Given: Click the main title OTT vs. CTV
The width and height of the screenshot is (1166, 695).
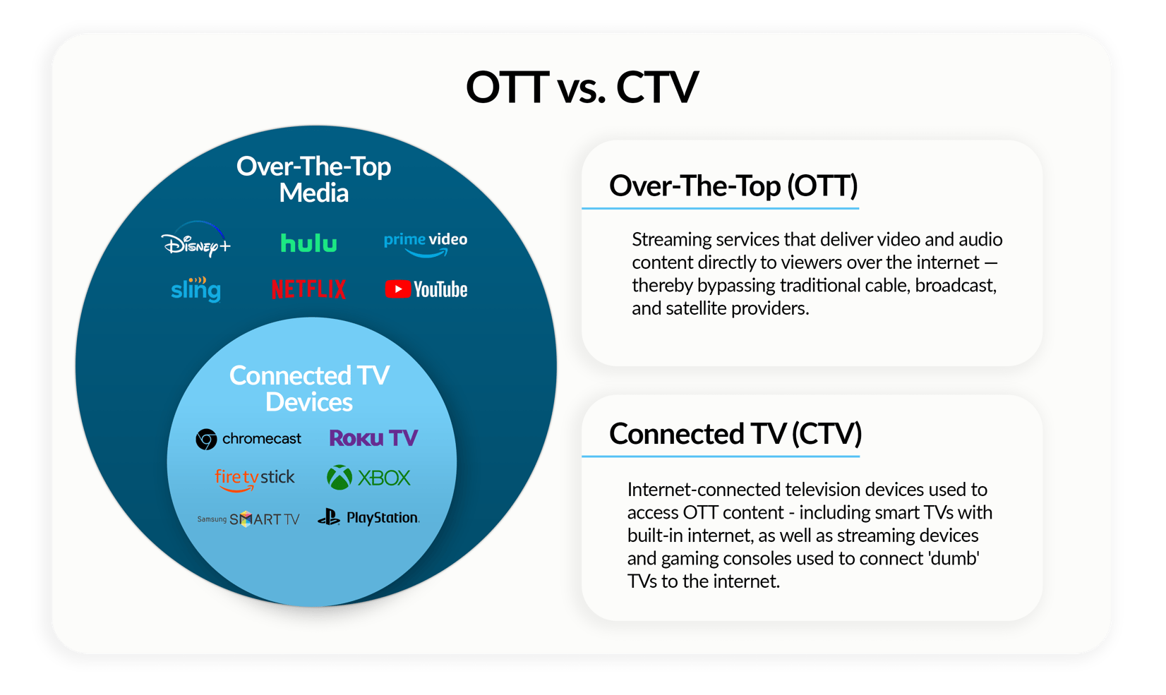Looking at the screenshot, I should point(582,87).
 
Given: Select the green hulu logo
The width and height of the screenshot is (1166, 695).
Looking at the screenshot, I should point(308,243).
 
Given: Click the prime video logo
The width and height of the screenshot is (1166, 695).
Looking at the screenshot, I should point(425,243).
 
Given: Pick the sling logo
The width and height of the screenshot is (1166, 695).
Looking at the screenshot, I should point(196,289).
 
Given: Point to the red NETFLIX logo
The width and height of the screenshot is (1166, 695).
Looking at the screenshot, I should point(308,289).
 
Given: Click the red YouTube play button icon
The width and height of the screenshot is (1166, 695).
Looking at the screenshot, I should point(397,289).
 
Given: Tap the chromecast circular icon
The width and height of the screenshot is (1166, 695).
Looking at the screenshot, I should point(206,439).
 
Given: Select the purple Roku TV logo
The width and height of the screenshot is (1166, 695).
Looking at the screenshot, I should point(373,438).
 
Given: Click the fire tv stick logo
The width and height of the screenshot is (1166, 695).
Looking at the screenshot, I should point(254,478).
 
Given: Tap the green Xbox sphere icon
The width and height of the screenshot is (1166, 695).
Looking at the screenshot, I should point(339,478).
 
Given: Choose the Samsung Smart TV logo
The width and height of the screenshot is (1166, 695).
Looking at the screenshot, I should point(248,519).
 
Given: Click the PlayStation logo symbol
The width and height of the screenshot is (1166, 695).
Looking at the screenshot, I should point(329,518).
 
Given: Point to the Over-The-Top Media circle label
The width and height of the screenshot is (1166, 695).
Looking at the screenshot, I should point(313,179).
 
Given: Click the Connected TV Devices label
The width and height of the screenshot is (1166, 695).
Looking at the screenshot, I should point(309,388).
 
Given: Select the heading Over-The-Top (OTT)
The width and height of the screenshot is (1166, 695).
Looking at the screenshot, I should point(733,186).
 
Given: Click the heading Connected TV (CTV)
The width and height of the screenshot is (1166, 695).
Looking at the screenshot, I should point(735,434).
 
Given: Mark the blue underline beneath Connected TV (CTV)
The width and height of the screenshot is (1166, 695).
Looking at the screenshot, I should point(720,457).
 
